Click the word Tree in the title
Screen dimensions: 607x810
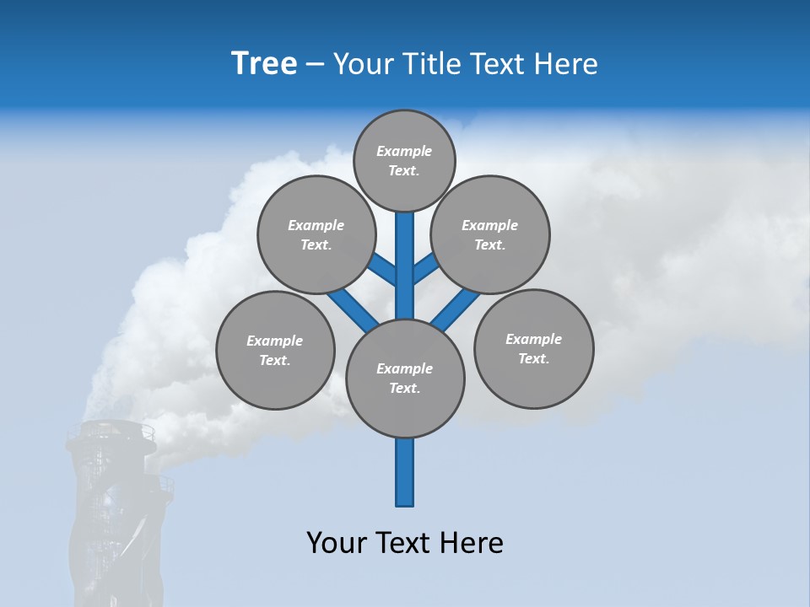point(264,64)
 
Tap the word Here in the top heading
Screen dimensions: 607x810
point(566,64)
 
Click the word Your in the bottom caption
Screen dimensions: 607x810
point(337,543)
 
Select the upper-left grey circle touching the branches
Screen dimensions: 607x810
point(316,234)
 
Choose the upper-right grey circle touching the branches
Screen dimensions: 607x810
point(489,234)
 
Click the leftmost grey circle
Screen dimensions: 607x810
point(274,350)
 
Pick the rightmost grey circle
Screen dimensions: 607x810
point(533,348)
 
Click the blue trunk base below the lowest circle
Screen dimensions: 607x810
point(405,472)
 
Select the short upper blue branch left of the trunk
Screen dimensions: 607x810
point(385,271)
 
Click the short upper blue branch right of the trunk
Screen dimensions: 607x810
point(424,270)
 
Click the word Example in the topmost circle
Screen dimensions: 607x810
point(404,152)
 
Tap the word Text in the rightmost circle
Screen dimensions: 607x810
point(532,358)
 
